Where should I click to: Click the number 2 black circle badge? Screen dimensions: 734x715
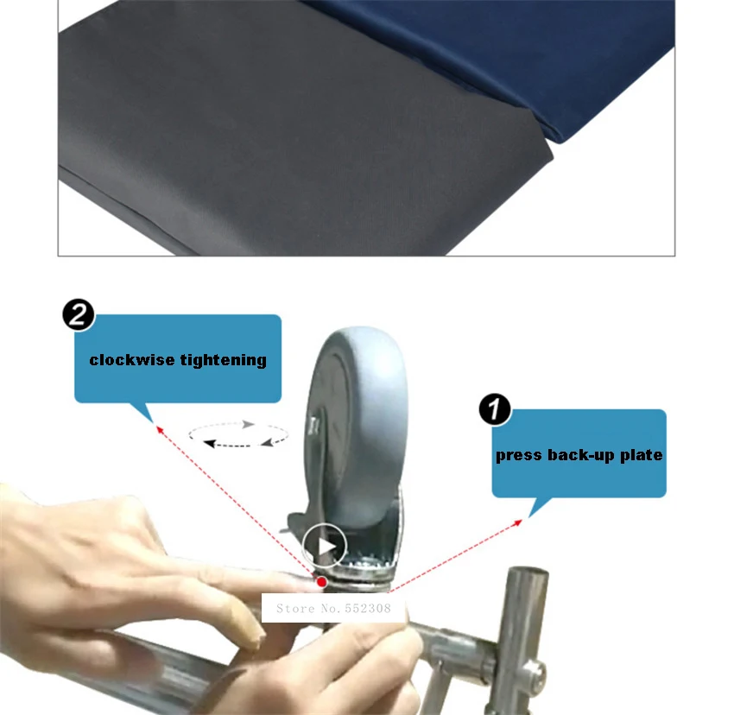click(x=79, y=314)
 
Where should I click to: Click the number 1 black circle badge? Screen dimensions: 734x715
click(x=495, y=409)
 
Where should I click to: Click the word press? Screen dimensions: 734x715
click(x=518, y=456)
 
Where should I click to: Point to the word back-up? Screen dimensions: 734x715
click(x=580, y=455)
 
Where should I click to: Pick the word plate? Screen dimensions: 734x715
click(x=641, y=455)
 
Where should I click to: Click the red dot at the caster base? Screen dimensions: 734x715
click(x=321, y=582)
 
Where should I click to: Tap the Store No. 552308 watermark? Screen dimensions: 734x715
click(x=333, y=608)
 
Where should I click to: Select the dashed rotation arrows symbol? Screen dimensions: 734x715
click(x=237, y=434)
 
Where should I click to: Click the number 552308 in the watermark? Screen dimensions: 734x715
click(x=368, y=608)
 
